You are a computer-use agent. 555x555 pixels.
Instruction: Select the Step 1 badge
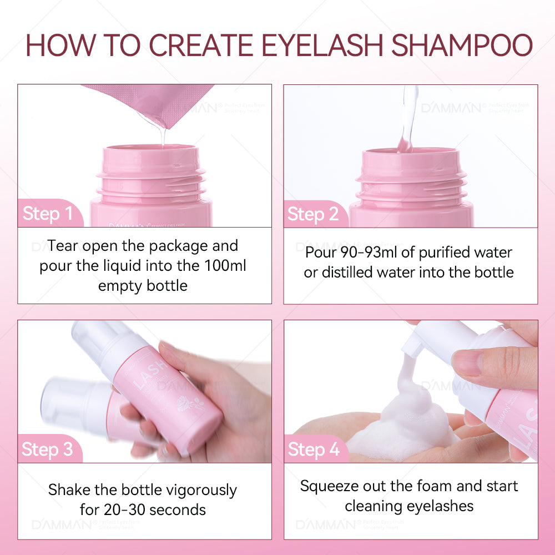(48, 214)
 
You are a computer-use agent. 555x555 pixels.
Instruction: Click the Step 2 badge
(313, 214)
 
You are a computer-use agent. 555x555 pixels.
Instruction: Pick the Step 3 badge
(48, 449)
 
